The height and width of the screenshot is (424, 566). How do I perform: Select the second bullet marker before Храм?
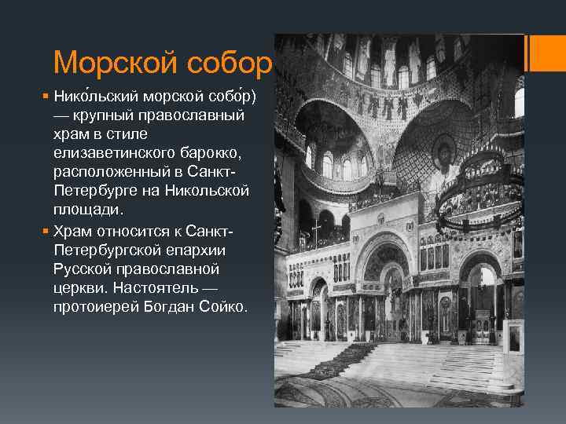coord(46,231)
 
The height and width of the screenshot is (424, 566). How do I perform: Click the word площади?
coord(84,210)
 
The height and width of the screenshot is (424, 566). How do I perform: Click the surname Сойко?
coord(224,305)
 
